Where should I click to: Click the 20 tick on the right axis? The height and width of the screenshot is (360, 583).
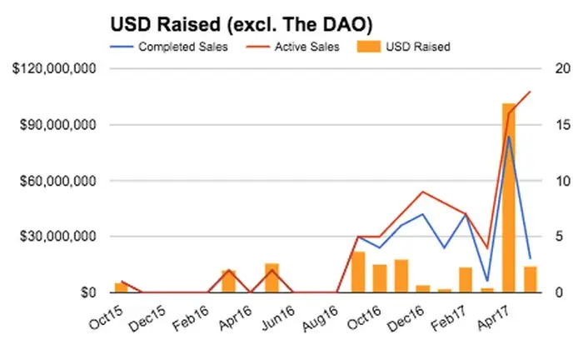(563, 69)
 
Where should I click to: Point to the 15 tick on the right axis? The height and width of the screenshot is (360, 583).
(563, 125)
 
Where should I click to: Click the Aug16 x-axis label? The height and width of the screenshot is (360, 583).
(320, 317)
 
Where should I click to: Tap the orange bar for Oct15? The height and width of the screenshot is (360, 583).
(122, 287)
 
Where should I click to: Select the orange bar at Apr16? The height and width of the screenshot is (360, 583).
(228, 281)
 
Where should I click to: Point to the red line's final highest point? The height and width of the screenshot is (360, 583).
(530, 92)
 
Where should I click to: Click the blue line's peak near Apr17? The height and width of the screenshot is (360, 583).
(508, 137)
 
